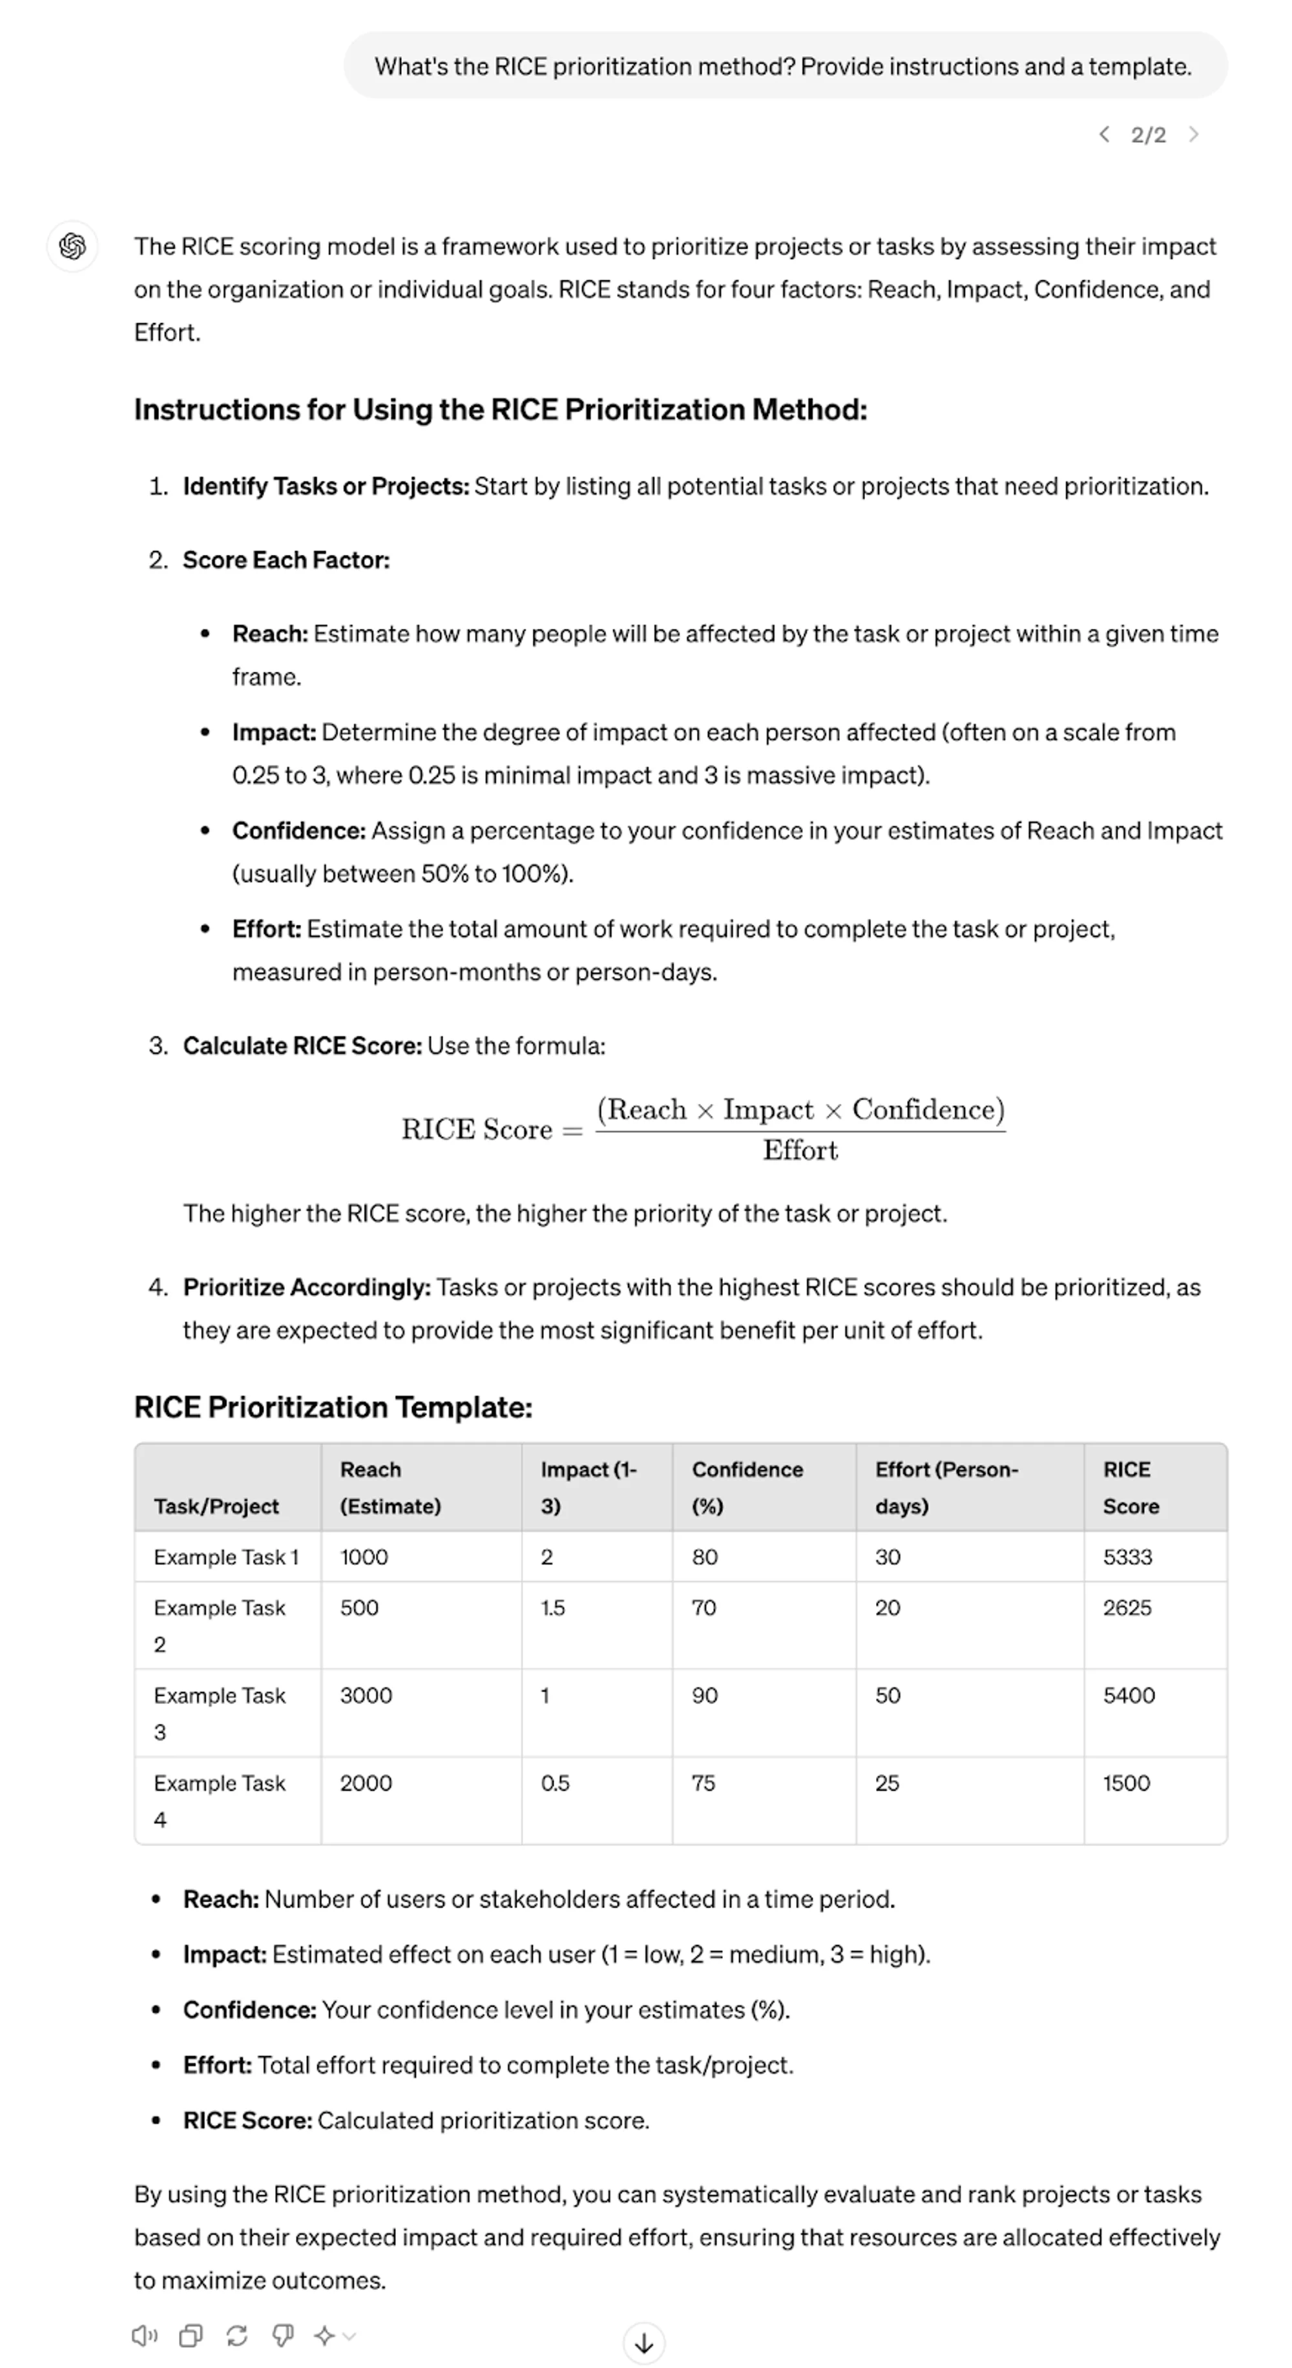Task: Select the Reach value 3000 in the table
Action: (366, 1695)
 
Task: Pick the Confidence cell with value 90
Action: (704, 1695)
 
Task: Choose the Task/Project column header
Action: (216, 1506)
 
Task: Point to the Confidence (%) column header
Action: (747, 1488)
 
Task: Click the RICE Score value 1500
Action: (1127, 1782)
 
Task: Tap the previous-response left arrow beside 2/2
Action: (1103, 134)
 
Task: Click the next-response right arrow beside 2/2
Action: (1194, 134)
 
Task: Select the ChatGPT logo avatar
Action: (72, 246)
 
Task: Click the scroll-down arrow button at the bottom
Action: (643, 2342)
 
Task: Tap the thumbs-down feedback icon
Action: (282, 2335)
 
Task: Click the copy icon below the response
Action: (191, 2335)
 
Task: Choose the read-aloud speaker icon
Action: (144, 2335)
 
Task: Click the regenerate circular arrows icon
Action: (236, 2335)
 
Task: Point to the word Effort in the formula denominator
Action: (800, 1150)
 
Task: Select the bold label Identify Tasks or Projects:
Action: (326, 486)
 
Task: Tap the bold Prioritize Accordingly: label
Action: (306, 1287)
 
